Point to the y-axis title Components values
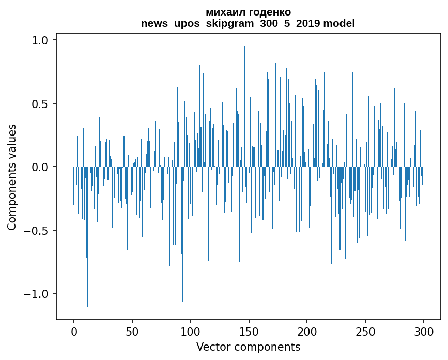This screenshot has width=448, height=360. click(12, 177)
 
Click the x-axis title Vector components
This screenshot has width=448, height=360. click(248, 347)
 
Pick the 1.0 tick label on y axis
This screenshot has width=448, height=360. click(41, 40)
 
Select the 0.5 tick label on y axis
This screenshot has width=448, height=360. click(41, 103)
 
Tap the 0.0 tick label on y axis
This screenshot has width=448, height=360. click(41, 167)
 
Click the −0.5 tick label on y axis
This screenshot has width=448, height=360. click(37, 230)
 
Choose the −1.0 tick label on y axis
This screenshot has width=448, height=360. click(37, 294)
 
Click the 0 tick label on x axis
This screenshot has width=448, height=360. click(74, 331)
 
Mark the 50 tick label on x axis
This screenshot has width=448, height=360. click(132, 331)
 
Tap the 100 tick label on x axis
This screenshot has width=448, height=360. click(191, 331)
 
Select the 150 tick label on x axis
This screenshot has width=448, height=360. click(249, 331)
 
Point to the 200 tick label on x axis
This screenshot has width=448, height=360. click(307, 331)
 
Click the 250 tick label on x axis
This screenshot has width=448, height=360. click(365, 331)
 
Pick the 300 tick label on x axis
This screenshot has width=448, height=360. click(424, 331)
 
